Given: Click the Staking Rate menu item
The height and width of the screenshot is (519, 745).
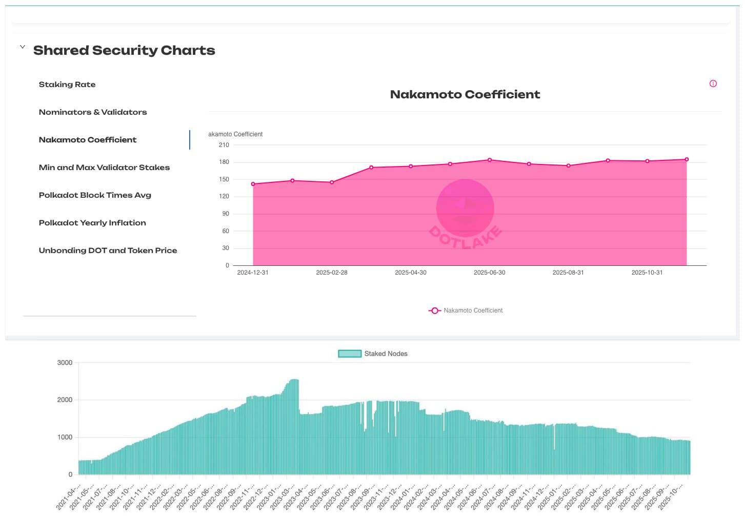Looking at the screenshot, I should [67, 85].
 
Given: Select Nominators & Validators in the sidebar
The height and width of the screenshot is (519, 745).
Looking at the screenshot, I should [93, 112].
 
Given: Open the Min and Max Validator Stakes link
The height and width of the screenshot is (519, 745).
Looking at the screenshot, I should [104, 168].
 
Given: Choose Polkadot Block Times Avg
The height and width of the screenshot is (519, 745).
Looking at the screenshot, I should [95, 195].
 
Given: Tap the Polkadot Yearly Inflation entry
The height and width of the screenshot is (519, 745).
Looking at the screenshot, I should [92, 223].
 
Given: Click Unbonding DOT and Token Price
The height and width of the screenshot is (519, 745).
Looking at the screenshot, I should [108, 251].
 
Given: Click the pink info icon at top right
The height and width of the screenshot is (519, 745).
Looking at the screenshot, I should [713, 84].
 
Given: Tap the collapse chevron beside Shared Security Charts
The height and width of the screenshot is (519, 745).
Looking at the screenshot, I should [23, 47].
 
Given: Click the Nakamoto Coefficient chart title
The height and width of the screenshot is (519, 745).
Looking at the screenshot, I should [465, 94].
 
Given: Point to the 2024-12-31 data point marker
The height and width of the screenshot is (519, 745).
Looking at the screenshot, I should [253, 184].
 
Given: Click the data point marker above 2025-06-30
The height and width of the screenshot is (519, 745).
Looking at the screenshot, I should [490, 160].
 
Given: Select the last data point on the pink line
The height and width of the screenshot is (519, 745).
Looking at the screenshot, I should [687, 159].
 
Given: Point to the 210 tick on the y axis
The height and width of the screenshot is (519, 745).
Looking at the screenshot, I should [224, 145].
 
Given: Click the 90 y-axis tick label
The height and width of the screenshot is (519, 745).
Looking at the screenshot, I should [226, 214].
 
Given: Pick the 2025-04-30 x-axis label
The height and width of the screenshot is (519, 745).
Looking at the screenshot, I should [410, 273].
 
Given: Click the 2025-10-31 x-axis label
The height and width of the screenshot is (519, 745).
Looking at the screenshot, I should [647, 273].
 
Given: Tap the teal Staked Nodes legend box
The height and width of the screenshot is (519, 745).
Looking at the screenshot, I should [350, 354].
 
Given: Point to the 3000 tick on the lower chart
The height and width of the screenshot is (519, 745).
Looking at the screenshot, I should [65, 363].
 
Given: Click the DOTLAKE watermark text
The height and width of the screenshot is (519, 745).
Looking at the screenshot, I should [465, 237].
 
